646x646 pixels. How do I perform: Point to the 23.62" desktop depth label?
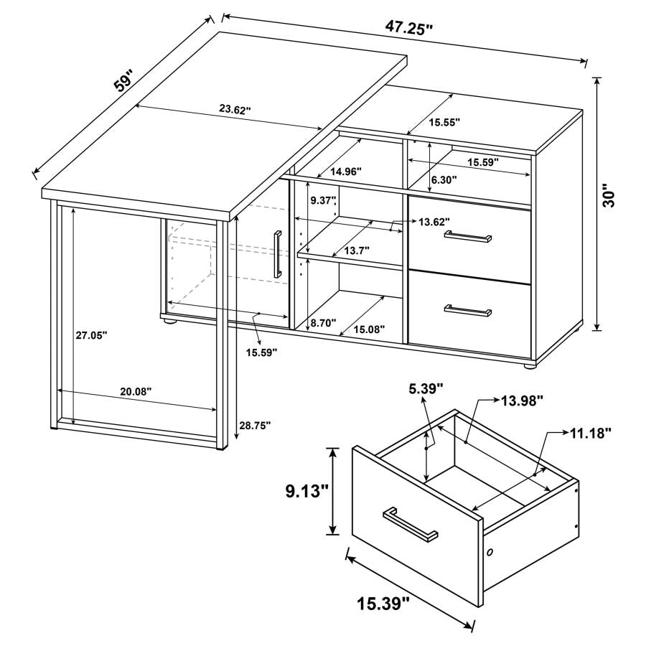click(235, 110)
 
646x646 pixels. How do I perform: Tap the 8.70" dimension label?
click(323, 323)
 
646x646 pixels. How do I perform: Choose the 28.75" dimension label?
click(255, 425)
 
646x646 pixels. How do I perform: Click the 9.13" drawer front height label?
click(304, 491)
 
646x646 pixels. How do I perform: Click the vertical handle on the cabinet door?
click(276, 253)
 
